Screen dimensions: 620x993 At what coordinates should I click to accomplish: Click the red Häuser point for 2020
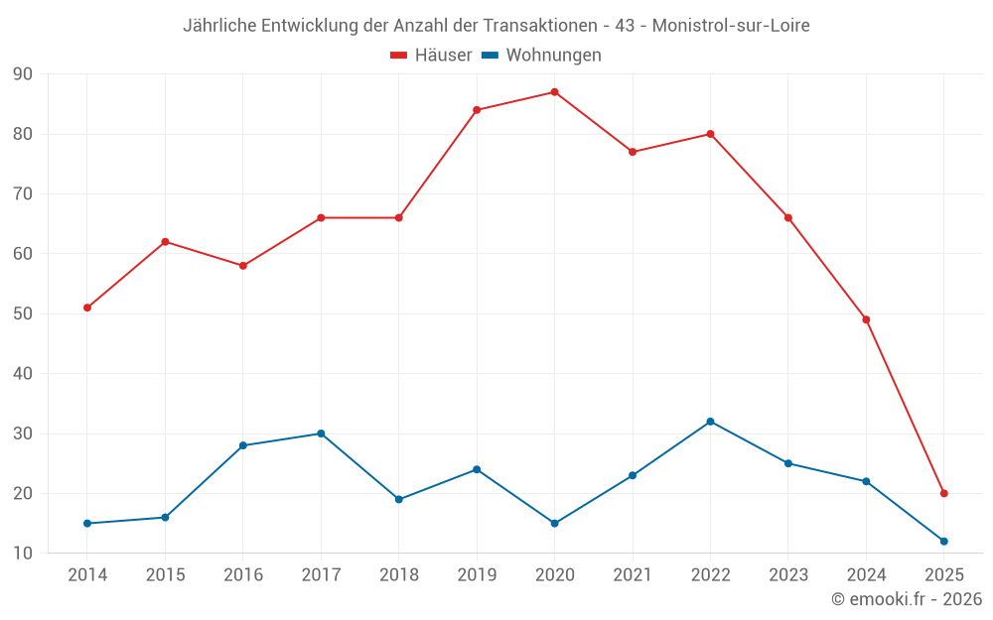point(554,92)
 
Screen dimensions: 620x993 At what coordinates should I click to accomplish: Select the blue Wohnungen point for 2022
point(710,422)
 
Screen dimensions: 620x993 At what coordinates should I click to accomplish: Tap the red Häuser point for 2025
point(944,493)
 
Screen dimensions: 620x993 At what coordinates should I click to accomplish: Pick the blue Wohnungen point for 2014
point(87,523)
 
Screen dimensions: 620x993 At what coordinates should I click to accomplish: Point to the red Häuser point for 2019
point(477,110)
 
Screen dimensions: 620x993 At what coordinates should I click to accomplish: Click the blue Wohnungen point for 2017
point(321,434)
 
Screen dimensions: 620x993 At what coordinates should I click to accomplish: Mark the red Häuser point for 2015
point(165,242)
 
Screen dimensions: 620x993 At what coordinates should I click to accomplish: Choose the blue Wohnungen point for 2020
point(554,523)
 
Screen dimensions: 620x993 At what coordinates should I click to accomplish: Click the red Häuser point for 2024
point(866,319)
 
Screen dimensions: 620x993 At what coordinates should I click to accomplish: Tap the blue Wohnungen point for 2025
point(944,541)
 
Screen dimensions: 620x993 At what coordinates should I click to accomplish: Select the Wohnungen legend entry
point(542,56)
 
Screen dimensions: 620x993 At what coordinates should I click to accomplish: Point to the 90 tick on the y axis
point(23,74)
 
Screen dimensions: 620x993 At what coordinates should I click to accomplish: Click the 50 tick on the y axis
point(23,313)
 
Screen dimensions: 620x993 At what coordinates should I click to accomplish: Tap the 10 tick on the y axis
point(23,553)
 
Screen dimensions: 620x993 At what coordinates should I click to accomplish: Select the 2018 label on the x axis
point(398,575)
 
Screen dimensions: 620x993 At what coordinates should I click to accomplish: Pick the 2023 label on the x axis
point(788,575)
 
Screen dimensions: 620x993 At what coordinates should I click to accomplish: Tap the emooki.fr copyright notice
point(907,599)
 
